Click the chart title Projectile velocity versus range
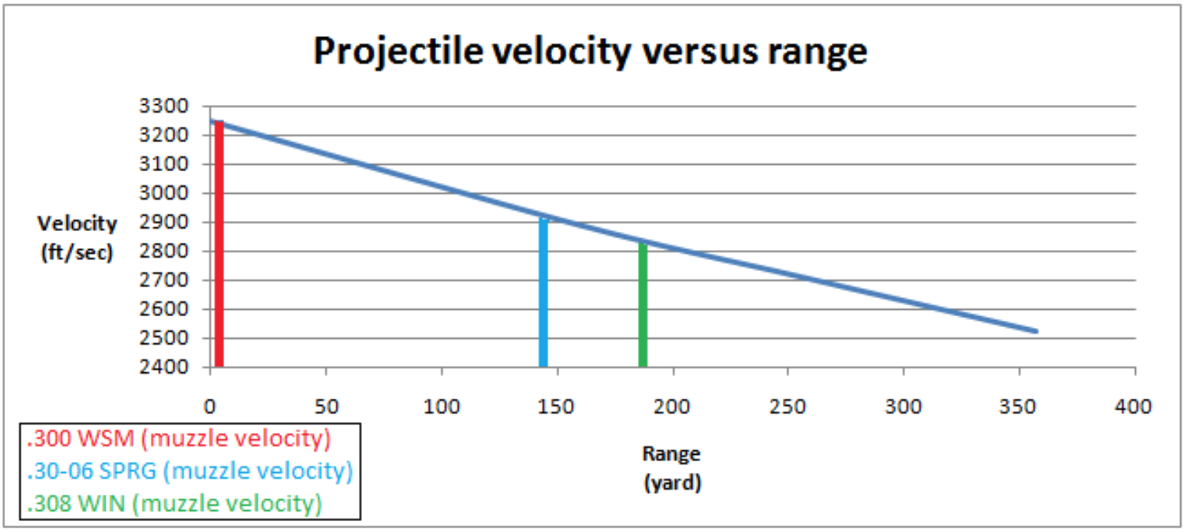(590, 51)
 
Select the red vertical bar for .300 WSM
(219, 248)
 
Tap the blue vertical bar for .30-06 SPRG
(543, 292)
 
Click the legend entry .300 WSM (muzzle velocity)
(179, 439)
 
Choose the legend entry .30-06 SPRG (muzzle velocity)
(190, 471)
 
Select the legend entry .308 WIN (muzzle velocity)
(175, 504)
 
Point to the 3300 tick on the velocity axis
(164, 106)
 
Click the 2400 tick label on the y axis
(164, 367)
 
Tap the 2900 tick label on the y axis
(164, 222)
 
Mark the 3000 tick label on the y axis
(164, 193)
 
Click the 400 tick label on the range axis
(1133, 407)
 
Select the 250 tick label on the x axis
(787, 407)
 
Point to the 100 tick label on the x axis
(441, 407)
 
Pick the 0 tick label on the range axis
(210, 407)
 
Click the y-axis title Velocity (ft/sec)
(77, 238)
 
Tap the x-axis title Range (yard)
(671, 468)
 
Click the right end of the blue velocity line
(1035, 332)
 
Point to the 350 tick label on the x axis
(1017, 407)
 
